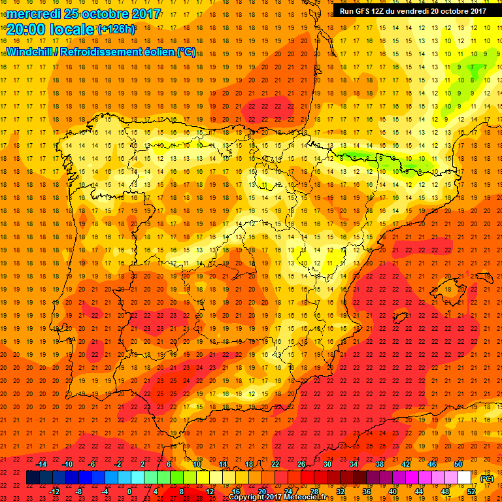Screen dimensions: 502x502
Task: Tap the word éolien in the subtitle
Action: (161, 52)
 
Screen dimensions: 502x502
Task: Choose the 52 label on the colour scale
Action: (471, 492)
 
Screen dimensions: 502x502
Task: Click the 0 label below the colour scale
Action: (129, 492)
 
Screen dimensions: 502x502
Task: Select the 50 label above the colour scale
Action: (458, 464)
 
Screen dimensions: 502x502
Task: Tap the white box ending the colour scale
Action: (465, 478)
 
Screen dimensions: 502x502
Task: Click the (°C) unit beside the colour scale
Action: (487, 478)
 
